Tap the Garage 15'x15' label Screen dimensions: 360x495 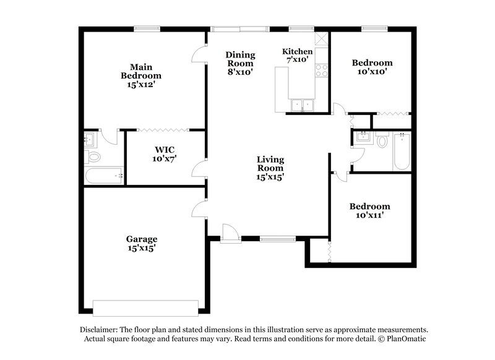tap(142, 243)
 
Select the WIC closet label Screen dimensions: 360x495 tap(164, 153)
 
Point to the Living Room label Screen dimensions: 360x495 tap(270, 168)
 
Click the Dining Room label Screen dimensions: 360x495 tap(240, 62)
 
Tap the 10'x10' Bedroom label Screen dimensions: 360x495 tap(372, 67)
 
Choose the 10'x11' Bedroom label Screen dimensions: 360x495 tap(369, 211)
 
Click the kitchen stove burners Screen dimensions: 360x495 tap(321, 71)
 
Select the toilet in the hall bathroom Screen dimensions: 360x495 tap(382, 142)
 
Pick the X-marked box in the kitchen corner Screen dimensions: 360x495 tap(322, 38)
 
